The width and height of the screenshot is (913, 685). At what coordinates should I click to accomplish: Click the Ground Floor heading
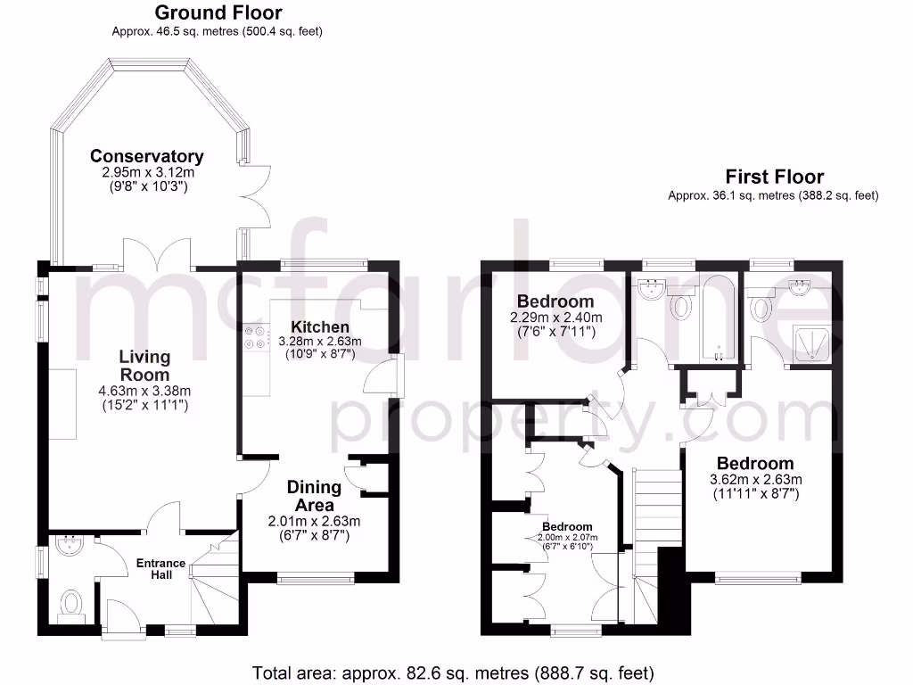pos(218,12)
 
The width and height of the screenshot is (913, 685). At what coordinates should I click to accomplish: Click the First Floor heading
pos(774,177)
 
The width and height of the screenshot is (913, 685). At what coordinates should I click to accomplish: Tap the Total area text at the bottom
pos(454,672)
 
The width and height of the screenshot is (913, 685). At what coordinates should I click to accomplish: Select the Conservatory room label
pos(147,156)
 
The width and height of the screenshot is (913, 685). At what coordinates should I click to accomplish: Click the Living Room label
pos(144,366)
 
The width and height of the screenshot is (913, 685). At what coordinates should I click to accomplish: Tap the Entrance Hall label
pos(160,569)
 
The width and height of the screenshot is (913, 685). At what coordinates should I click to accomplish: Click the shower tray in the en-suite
pos(811,342)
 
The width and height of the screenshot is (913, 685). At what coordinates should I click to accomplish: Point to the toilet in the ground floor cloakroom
pos(70,605)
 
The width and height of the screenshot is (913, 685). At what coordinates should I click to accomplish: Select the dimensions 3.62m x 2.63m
pos(755,479)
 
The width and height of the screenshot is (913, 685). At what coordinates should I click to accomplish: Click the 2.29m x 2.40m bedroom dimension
pos(555,318)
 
